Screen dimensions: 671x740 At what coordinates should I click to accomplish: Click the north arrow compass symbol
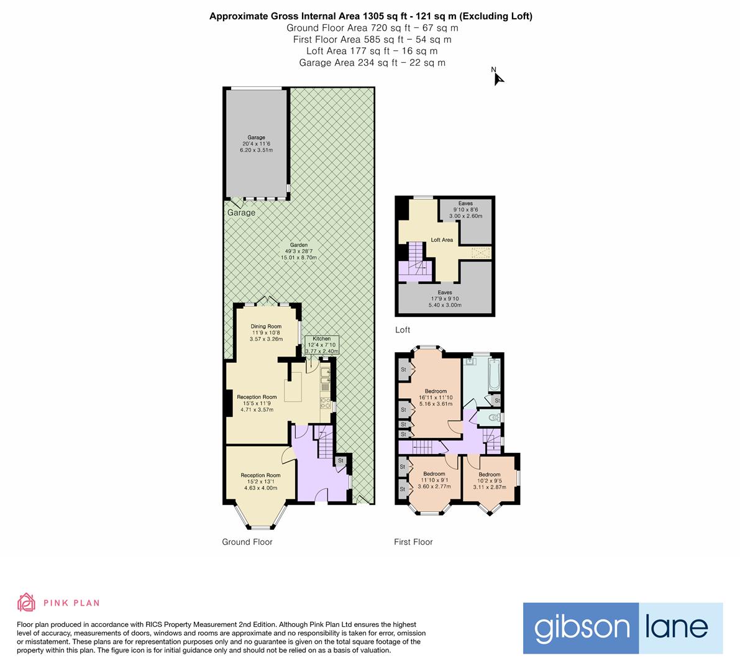pyautogui.click(x=498, y=78)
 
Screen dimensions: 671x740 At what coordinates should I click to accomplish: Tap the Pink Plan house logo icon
pyautogui.click(x=27, y=602)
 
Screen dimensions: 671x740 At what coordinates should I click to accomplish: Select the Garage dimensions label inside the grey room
pyautogui.click(x=257, y=144)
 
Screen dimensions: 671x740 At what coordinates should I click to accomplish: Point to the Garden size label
pyautogui.click(x=299, y=251)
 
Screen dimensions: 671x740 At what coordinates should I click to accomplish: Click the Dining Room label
pyautogui.click(x=266, y=332)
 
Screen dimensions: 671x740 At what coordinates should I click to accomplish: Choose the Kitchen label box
pyautogui.click(x=322, y=345)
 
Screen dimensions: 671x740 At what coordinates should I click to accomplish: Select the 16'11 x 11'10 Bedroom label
pyautogui.click(x=435, y=398)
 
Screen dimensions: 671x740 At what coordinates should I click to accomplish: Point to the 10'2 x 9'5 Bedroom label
pyautogui.click(x=490, y=480)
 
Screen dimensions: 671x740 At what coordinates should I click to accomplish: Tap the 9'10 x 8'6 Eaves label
pyautogui.click(x=465, y=209)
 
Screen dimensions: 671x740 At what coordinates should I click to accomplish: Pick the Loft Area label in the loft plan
pyautogui.click(x=442, y=240)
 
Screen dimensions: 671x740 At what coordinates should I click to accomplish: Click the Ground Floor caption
pyautogui.click(x=247, y=542)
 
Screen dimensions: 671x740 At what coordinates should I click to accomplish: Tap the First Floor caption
pyautogui.click(x=413, y=542)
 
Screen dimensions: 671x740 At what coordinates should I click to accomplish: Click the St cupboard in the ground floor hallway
pyautogui.click(x=340, y=460)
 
